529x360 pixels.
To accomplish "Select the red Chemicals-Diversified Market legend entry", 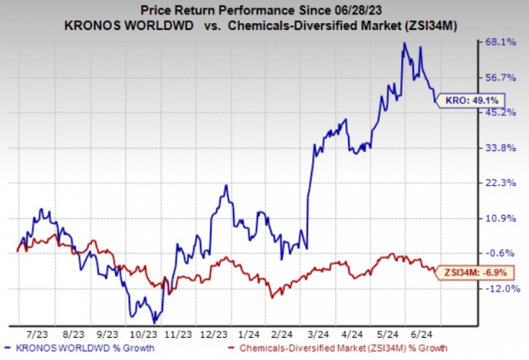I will tap(338, 348).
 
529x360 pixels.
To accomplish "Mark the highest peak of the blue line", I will tap(404, 43).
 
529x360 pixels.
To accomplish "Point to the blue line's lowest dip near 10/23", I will tap(155, 321).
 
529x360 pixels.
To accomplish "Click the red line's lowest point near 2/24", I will tap(271, 297).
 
